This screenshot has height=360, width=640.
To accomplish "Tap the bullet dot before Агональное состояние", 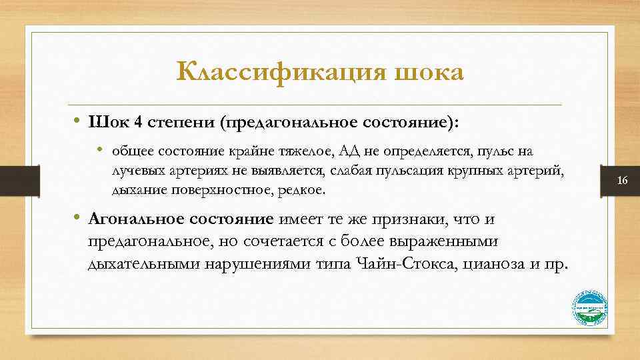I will (77, 219).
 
